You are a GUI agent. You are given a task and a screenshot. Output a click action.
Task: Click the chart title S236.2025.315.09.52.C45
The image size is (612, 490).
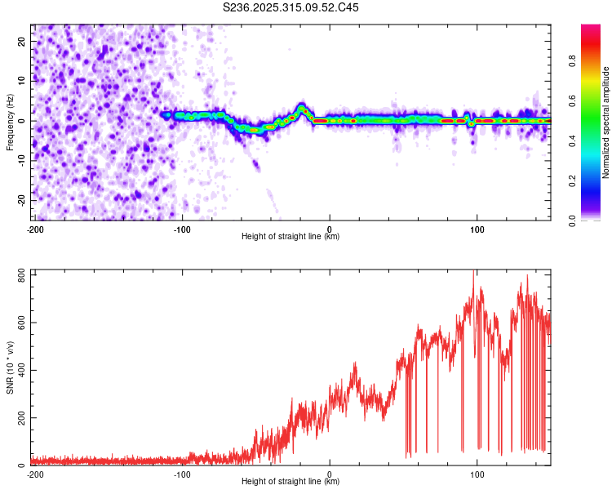(291, 7)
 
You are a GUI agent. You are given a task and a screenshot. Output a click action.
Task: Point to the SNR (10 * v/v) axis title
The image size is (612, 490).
(10, 367)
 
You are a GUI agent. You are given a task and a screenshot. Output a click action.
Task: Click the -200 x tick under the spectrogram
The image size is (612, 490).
(36, 229)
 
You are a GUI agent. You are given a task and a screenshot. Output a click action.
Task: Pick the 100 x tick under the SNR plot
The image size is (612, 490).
(477, 474)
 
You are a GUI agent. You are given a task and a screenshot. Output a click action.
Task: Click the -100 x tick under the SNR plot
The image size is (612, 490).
(182, 474)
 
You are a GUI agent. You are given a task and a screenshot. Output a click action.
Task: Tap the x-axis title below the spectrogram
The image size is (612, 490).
(290, 237)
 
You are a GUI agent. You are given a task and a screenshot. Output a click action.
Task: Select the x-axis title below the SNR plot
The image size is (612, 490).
(290, 482)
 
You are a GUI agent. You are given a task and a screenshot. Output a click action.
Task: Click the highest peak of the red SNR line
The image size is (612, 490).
(474, 271)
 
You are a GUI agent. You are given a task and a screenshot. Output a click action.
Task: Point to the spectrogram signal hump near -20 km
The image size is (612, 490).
(302, 108)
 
